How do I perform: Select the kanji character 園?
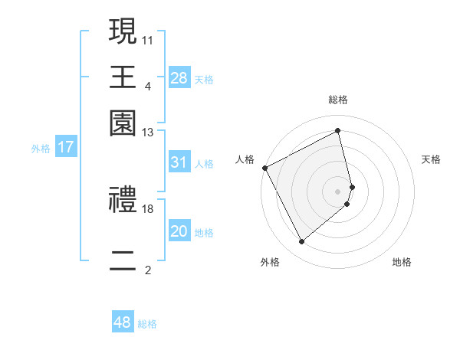[x=123, y=123]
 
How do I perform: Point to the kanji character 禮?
[x=123, y=201]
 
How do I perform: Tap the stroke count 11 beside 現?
[x=148, y=39]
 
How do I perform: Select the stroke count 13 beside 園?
[x=148, y=133]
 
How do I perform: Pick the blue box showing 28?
[x=179, y=78]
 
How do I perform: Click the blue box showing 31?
[x=179, y=162]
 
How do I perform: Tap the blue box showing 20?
[x=179, y=232]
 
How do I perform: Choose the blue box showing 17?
[x=66, y=147]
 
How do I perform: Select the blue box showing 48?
[x=123, y=323]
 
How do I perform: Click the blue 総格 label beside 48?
[x=147, y=324]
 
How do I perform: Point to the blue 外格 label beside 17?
[x=40, y=149]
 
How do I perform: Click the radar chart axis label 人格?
[x=245, y=159]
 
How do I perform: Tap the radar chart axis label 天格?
[x=431, y=159]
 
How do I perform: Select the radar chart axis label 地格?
[x=402, y=263]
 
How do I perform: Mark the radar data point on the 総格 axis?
[x=338, y=131]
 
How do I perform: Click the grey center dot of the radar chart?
[x=338, y=191]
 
